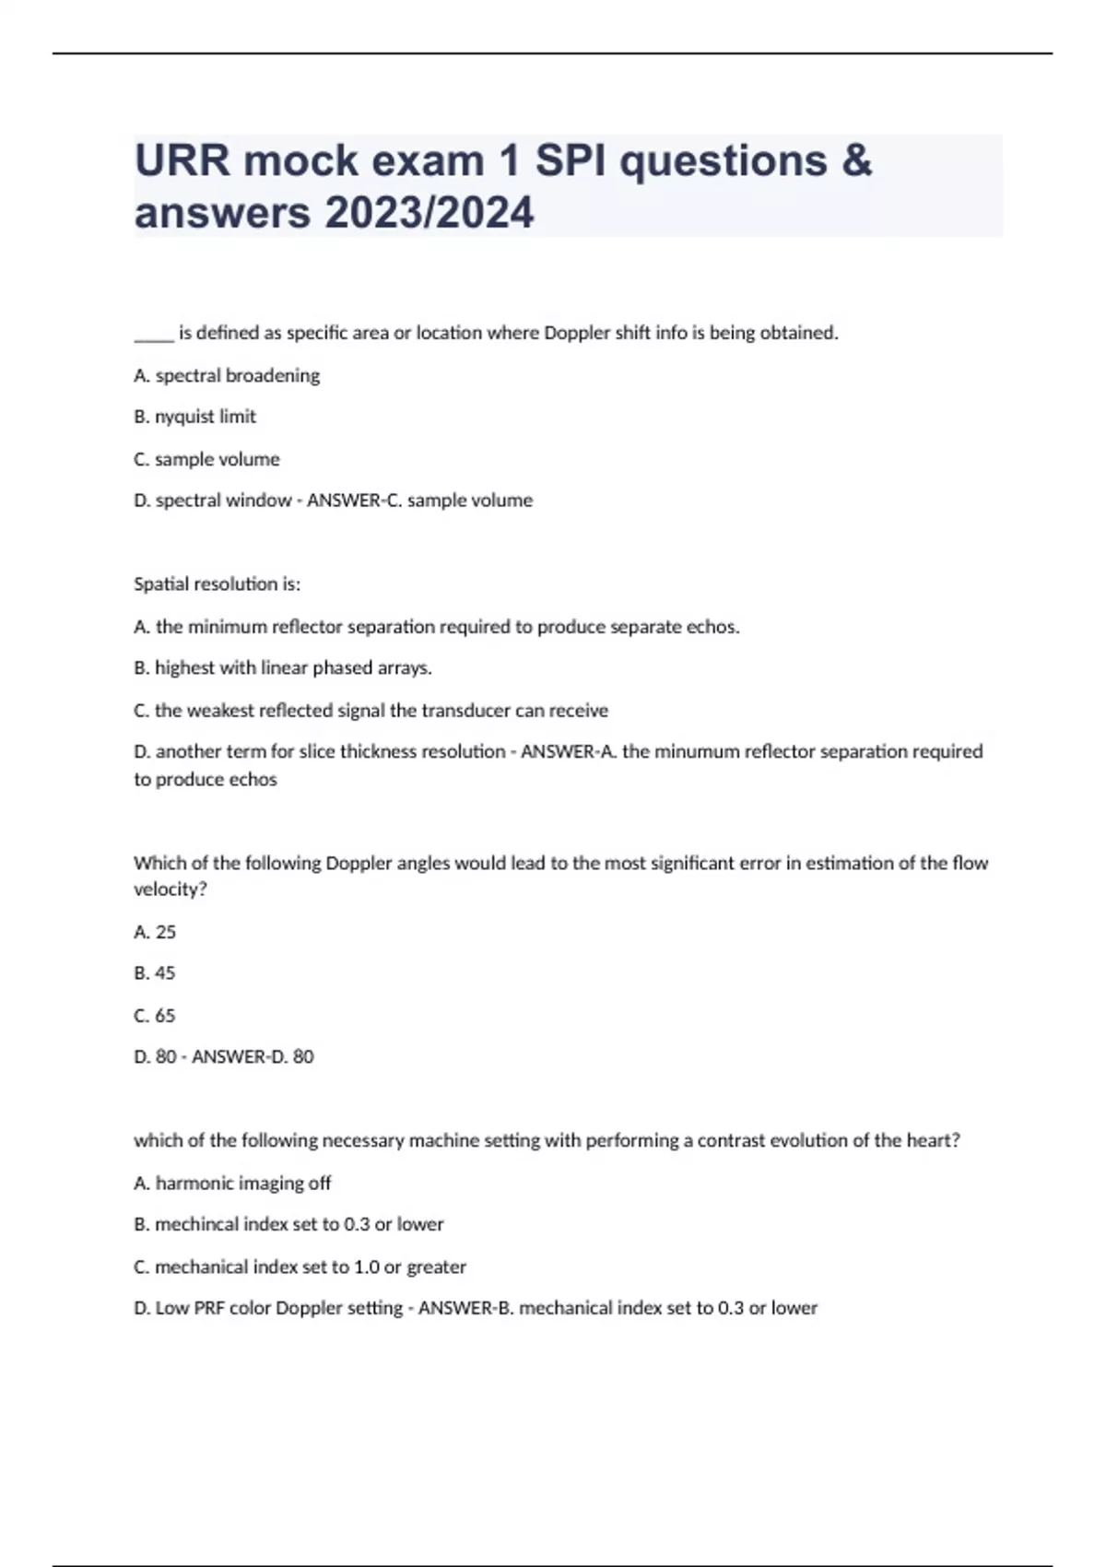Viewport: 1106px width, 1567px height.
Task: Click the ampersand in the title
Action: point(856,160)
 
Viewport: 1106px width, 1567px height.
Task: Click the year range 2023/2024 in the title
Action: point(429,213)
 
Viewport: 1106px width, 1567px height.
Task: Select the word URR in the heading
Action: point(182,160)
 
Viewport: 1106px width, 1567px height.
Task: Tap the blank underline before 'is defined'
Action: point(153,334)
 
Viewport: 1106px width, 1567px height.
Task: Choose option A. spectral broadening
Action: point(227,375)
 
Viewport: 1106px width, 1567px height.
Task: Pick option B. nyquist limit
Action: point(194,417)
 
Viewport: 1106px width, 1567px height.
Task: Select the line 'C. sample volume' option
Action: point(206,459)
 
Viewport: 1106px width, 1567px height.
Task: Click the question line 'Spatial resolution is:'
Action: point(217,584)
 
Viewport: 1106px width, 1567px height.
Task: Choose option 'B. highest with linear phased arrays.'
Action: point(283,668)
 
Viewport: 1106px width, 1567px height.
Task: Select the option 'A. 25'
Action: point(155,932)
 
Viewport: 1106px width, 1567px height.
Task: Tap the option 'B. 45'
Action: point(155,973)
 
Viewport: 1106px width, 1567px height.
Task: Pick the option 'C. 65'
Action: point(155,1016)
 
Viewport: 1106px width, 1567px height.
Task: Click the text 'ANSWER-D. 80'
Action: point(253,1057)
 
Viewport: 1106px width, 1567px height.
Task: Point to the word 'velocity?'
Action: point(171,890)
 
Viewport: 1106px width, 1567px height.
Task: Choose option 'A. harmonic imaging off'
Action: point(232,1183)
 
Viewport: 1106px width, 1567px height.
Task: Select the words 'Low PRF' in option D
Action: point(190,1308)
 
